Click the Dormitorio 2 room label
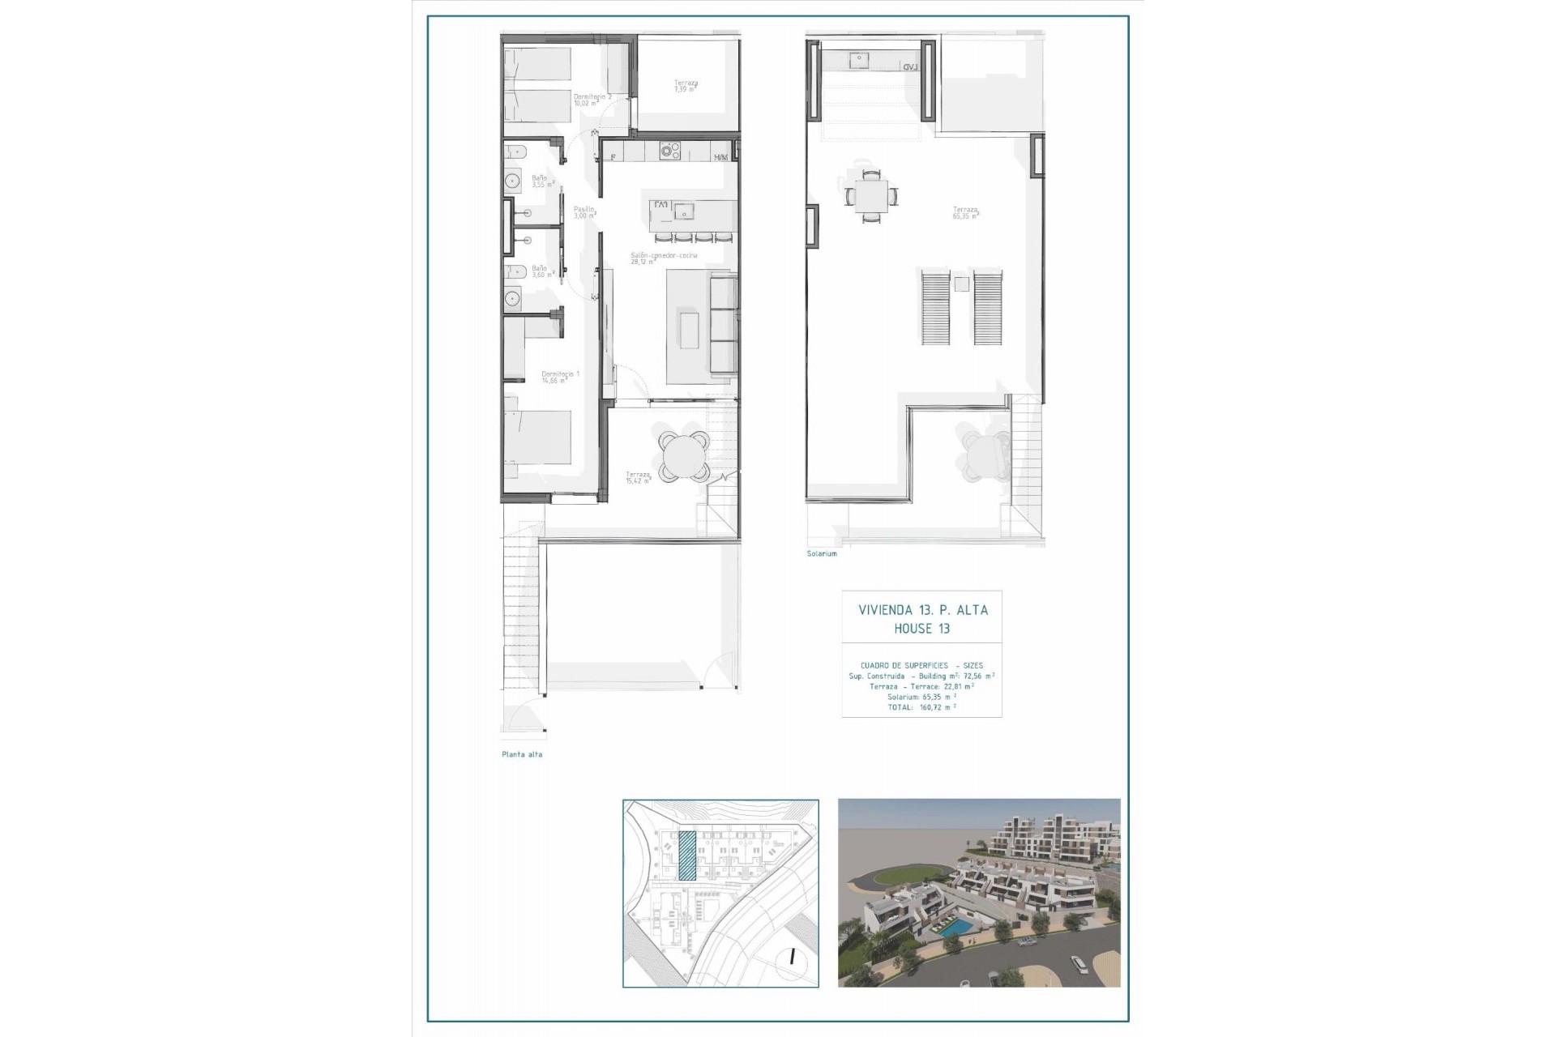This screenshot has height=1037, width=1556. point(592,100)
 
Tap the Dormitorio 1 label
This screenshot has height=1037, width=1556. point(560,377)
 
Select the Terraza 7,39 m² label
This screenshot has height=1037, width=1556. point(686,86)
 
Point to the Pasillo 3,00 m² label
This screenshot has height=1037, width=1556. point(584,212)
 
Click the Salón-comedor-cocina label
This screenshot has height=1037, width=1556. point(664,258)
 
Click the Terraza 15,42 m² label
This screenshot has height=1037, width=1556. point(639,478)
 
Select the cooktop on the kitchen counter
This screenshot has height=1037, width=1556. point(669,151)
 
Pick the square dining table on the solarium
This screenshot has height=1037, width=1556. point(871,196)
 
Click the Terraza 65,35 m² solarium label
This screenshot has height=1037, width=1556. point(965,213)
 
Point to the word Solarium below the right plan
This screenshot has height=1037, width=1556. point(822,554)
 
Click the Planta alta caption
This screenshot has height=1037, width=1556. point(522,754)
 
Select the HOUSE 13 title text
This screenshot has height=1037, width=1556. point(921,629)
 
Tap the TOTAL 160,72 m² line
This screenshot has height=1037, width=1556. point(921,707)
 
